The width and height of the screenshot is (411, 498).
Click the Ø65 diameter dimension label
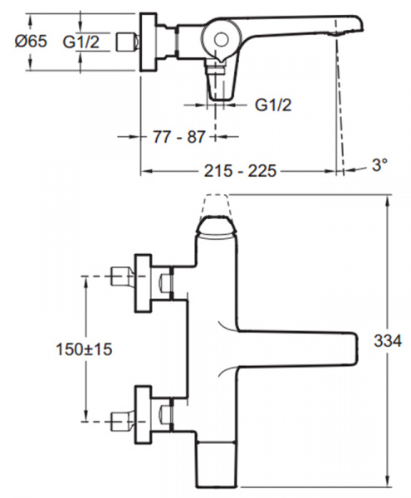[31, 41]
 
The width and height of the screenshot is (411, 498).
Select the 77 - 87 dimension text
[179, 137]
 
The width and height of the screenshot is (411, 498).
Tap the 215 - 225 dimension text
[240, 171]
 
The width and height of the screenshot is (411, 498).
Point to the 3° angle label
[379, 165]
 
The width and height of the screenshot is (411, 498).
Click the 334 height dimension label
[388, 341]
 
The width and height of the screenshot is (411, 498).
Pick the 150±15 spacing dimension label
[84, 349]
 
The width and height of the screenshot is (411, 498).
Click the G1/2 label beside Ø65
[81, 41]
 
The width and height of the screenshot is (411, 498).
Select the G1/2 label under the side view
[273, 105]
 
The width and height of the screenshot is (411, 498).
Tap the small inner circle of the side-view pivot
[221, 40]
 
